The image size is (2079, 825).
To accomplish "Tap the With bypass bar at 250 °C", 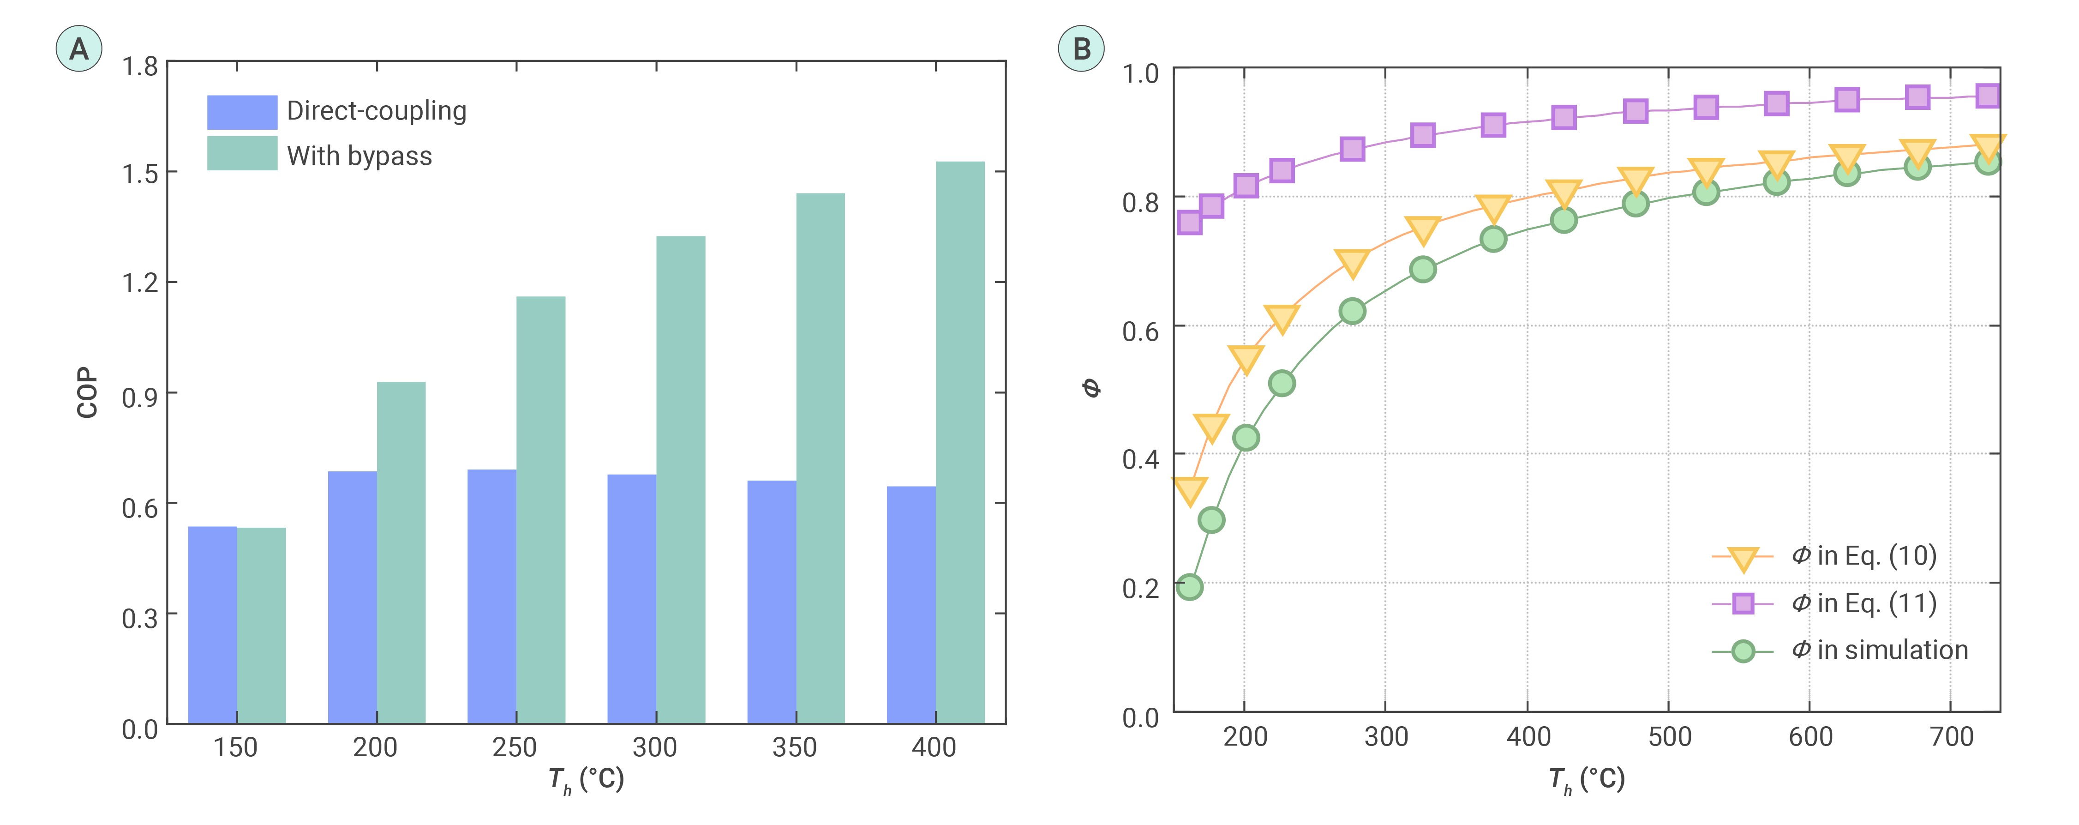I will tap(541, 509).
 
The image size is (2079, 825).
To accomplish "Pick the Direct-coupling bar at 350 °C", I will tap(772, 602).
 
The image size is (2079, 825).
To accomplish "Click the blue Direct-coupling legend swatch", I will tap(242, 112).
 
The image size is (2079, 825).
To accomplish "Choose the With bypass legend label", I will tap(359, 156).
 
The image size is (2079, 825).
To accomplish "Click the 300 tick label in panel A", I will tap(654, 747).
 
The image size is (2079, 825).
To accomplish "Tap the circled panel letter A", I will tap(78, 49).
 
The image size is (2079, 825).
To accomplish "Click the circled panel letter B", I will tap(1081, 49).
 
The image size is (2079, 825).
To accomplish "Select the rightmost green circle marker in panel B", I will tap(1988, 162).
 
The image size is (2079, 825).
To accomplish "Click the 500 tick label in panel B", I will tap(1669, 737).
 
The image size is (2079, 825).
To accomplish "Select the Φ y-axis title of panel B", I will tap(1091, 388).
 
